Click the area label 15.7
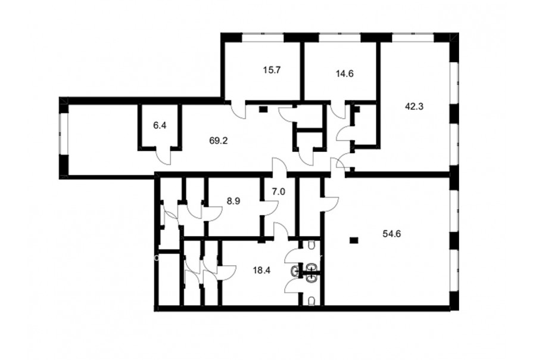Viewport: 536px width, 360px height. (272, 70)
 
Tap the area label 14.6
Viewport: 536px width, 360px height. (344, 73)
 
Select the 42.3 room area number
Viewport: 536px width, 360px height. (414, 107)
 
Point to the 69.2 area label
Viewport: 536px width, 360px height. (219, 141)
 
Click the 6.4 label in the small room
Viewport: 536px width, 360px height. (160, 126)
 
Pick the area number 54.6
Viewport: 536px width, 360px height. (392, 234)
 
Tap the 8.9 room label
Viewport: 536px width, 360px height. (233, 201)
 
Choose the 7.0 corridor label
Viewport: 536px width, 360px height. (279, 192)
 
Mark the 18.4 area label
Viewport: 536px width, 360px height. (261, 271)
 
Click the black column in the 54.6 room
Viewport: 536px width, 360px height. (353, 240)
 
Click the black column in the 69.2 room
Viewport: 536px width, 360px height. (263, 110)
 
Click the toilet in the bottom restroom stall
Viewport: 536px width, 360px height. (311, 302)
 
